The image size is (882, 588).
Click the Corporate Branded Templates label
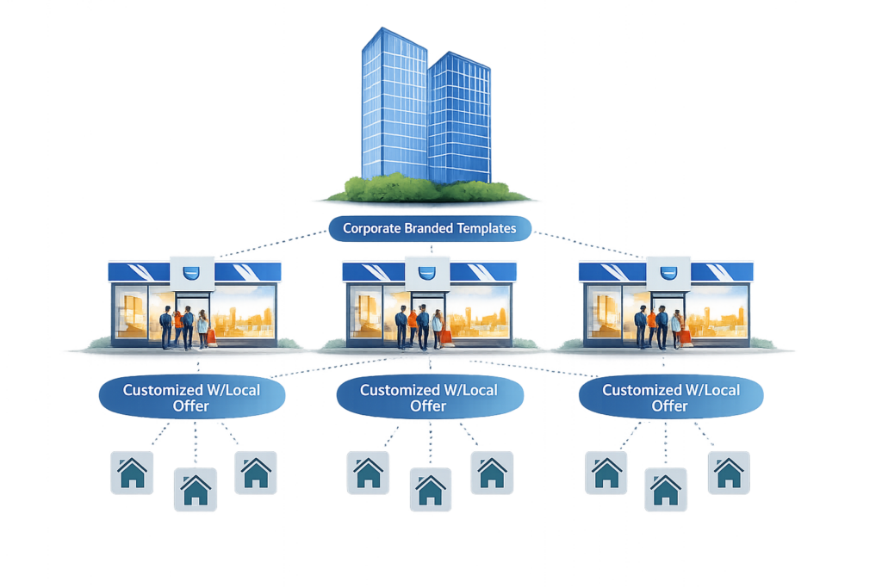[430, 229]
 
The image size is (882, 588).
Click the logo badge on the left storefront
[192, 274]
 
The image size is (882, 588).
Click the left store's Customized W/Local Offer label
[190, 397]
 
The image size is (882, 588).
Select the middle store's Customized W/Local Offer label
[428, 397]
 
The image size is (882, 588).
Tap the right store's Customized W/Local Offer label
[670, 397]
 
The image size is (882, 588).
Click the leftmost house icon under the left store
[133, 473]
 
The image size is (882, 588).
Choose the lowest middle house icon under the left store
[195, 491]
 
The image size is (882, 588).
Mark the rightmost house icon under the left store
[256, 473]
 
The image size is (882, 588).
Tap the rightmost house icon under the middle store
[492, 473]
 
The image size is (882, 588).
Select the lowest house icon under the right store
[666, 491]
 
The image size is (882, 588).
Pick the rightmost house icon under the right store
[729, 473]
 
